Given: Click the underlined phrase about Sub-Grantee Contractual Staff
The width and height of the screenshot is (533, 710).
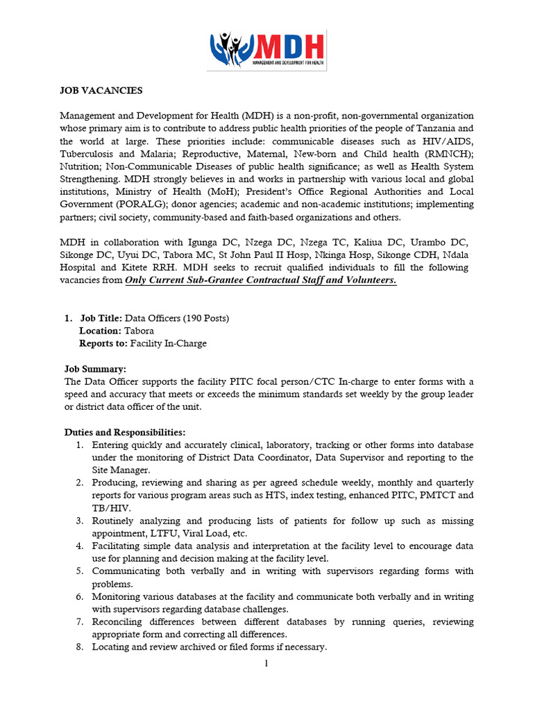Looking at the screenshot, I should coord(260,280).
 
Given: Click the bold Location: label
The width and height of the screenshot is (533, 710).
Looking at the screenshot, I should coord(100,331).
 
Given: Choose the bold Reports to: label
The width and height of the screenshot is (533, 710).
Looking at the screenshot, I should coord(103,343).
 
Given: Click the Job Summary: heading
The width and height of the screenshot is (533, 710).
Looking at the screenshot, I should coord(95,369).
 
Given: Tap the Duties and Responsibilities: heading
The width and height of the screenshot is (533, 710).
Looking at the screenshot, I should coord(125,432).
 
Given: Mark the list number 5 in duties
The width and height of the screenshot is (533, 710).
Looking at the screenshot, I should coord(80,571).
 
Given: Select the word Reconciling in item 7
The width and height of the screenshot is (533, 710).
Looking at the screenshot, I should coord(117,622).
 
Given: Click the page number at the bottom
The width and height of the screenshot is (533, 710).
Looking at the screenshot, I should coord(266,663).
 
